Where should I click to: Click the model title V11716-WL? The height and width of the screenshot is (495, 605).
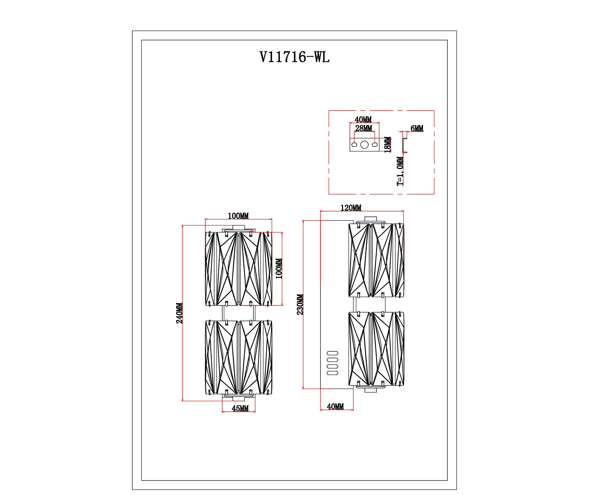click(295, 57)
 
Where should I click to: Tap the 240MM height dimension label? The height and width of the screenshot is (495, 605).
click(179, 313)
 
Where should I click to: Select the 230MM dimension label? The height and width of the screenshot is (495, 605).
click(300, 305)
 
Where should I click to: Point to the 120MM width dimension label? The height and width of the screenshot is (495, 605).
click(351, 208)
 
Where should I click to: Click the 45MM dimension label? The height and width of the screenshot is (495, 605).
click(240, 409)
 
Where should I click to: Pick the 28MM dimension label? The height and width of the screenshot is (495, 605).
click(363, 128)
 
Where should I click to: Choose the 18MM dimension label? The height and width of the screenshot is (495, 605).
click(388, 144)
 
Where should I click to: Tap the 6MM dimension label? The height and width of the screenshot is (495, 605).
click(417, 129)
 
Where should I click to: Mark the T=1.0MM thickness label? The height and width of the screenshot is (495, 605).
click(400, 171)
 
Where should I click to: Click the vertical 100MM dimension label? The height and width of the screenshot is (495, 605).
click(279, 269)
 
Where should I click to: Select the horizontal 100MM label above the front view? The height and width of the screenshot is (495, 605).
click(238, 216)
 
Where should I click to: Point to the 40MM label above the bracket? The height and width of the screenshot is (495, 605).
click(363, 119)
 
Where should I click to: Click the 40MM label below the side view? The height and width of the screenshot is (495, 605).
click(335, 407)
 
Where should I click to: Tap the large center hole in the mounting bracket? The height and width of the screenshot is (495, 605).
click(364, 145)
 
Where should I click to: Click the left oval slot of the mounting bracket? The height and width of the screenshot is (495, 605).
click(354, 145)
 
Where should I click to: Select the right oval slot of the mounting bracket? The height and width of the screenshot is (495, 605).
click(375, 145)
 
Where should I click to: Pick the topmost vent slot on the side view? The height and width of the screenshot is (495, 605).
click(332, 353)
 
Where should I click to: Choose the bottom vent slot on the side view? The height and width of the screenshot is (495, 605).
click(332, 373)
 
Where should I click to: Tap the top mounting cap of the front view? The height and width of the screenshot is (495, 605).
click(239, 228)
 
